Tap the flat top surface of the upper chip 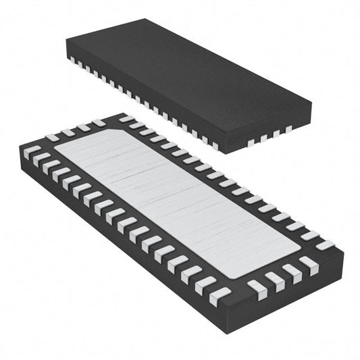pos(189,74)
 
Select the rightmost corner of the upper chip pos(311,107)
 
